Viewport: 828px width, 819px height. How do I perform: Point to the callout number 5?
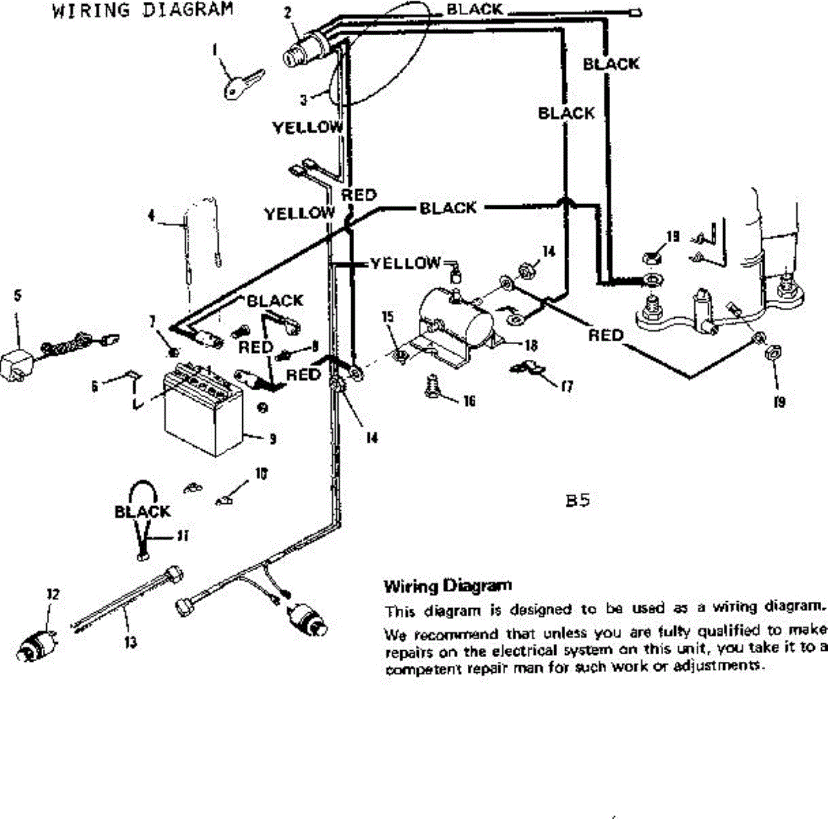pyautogui.click(x=17, y=296)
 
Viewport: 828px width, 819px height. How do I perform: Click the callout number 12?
pyautogui.click(x=52, y=594)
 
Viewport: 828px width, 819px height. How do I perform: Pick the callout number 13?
pyautogui.click(x=129, y=642)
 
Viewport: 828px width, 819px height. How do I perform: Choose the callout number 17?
pyautogui.click(x=566, y=387)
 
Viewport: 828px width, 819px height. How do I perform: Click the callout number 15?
pyautogui.click(x=388, y=316)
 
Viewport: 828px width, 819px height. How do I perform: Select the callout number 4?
pyautogui.click(x=151, y=216)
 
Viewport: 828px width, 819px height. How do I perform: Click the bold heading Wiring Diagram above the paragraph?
pyautogui.click(x=448, y=587)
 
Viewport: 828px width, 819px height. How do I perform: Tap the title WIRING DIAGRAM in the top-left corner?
pyautogui.click(x=142, y=10)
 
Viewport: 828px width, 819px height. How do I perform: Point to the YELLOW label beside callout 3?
pyautogui.click(x=308, y=128)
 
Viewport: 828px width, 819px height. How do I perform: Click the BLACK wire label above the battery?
pyautogui.click(x=275, y=301)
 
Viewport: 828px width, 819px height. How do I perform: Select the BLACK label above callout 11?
pyautogui.click(x=142, y=512)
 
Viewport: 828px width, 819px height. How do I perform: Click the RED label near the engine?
pyautogui.click(x=605, y=335)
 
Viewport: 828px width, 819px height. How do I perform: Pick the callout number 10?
pyautogui.click(x=262, y=474)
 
